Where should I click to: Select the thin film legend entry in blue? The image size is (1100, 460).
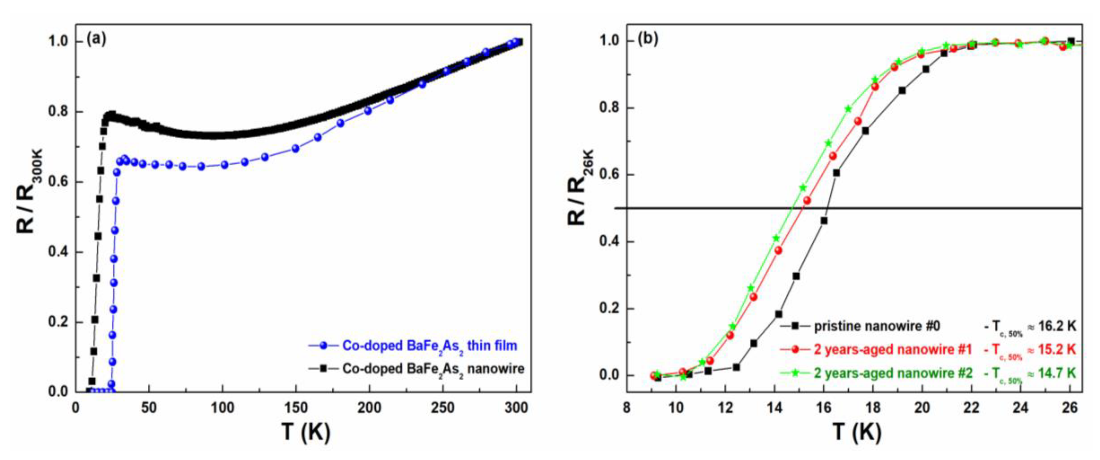tap(429, 345)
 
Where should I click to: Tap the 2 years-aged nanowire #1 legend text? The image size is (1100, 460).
tap(893, 350)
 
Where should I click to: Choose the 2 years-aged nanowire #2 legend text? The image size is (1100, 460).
tap(893, 373)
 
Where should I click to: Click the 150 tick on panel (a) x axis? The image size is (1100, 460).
tap(296, 408)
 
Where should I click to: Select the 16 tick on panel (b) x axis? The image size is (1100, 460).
tap(824, 408)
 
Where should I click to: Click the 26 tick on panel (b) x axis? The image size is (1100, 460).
tap(1070, 408)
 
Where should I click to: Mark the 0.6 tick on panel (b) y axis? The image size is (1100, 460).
tap(610, 175)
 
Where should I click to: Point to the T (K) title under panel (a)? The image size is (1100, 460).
tap(306, 433)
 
